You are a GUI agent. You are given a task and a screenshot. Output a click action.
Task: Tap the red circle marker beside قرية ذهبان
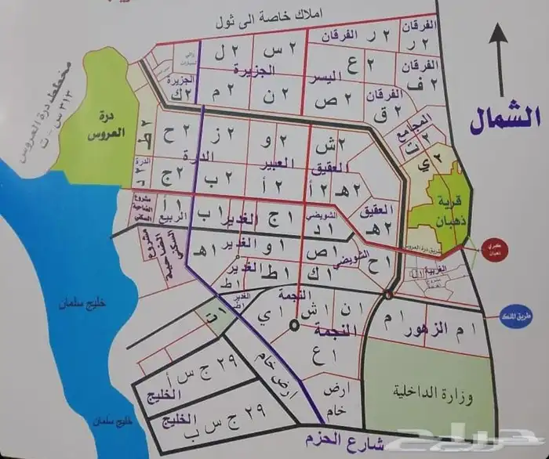pos(494,246)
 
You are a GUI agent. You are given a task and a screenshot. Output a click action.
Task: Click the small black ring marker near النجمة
pos(293,324)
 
